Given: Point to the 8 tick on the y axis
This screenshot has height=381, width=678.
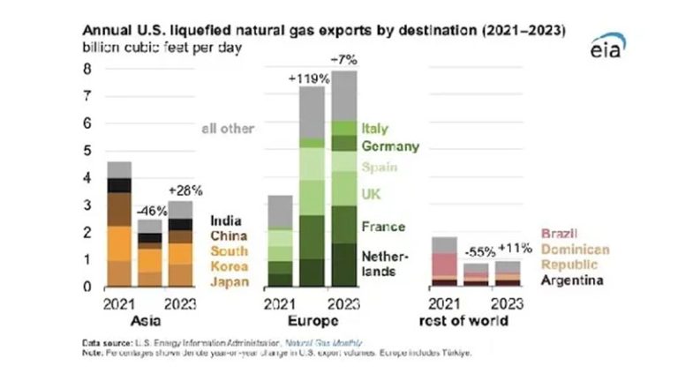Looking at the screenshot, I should [x=87, y=68].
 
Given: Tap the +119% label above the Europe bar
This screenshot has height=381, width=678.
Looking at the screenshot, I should [x=309, y=78].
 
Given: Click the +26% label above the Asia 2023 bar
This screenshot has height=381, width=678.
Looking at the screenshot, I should [x=185, y=190].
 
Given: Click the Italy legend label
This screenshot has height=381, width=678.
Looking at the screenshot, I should [x=374, y=130].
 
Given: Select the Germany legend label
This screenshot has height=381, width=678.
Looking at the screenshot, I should [x=389, y=146].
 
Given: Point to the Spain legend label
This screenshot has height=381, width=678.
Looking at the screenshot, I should [x=380, y=167].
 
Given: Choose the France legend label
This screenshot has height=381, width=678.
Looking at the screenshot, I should [x=383, y=227].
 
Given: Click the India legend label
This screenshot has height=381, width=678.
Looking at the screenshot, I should [x=226, y=220].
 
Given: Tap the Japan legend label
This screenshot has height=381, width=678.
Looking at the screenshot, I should [x=229, y=282].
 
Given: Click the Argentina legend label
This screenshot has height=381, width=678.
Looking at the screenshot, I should [x=571, y=281].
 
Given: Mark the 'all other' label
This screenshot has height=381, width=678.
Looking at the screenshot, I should [x=227, y=129].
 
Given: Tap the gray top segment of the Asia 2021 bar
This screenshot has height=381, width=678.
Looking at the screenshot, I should [x=118, y=169].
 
